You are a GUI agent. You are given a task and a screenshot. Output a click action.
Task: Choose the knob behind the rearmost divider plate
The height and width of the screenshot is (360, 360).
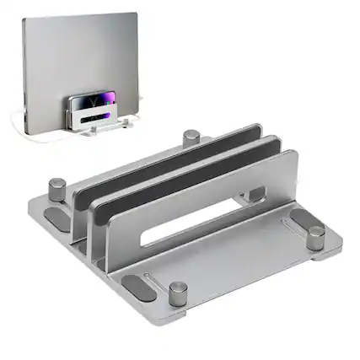(x=192, y=137)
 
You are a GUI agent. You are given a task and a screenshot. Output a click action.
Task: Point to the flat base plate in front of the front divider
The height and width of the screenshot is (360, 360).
(x=236, y=253)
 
